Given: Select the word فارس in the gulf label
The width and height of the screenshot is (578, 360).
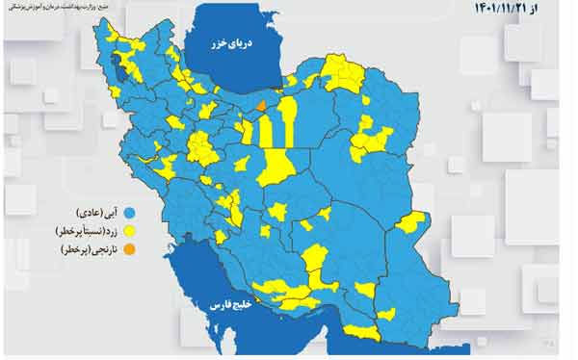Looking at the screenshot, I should point(214,305).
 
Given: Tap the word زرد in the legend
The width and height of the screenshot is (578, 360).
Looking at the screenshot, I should point(116,232).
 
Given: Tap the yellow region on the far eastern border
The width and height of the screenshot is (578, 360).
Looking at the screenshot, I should point(410,222).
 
